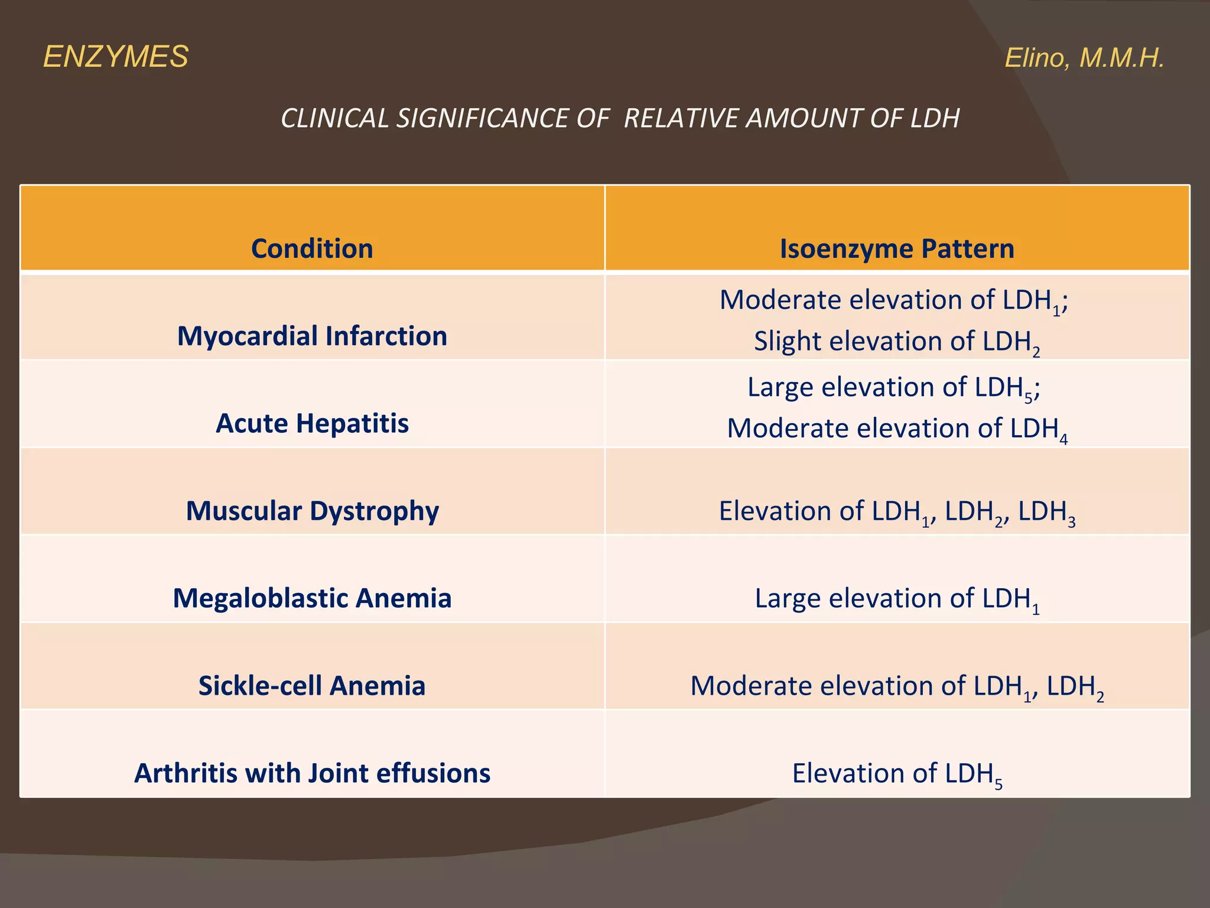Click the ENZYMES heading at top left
pyautogui.click(x=116, y=57)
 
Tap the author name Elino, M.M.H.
pyautogui.click(x=1084, y=58)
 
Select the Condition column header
pyautogui.click(x=312, y=248)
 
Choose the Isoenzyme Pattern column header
pyautogui.click(x=896, y=248)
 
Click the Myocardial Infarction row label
pyautogui.click(x=312, y=336)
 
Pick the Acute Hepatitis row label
pyautogui.click(x=312, y=423)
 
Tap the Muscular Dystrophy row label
pyautogui.click(x=312, y=511)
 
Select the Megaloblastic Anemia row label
pyautogui.click(x=312, y=598)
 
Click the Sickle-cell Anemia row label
pyautogui.click(x=312, y=686)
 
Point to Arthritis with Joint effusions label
pyautogui.click(x=312, y=773)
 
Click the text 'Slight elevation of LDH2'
pyautogui.click(x=896, y=342)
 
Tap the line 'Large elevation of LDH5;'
pyautogui.click(x=893, y=388)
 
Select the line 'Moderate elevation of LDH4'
pyautogui.click(x=896, y=429)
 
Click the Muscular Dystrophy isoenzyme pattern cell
pyautogui.click(x=896, y=511)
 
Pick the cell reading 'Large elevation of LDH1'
pyautogui.click(x=896, y=599)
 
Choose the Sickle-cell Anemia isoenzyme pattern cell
pyautogui.click(x=896, y=686)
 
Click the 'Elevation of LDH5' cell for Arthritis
pyautogui.click(x=896, y=774)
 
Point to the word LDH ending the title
pyautogui.click(x=935, y=118)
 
